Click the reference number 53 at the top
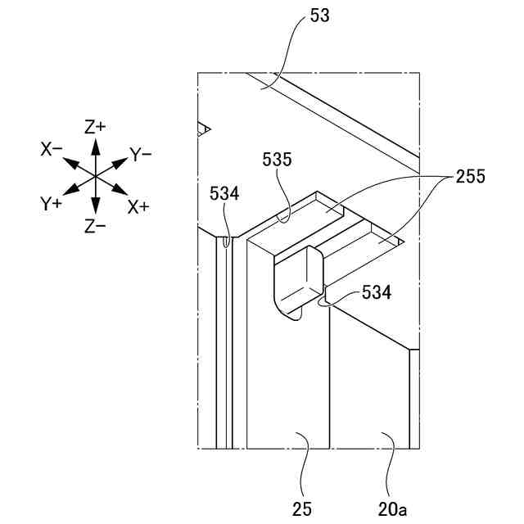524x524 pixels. [320, 16]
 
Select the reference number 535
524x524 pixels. [278, 160]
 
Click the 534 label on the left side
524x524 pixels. [224, 193]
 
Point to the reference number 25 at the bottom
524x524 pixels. [302, 508]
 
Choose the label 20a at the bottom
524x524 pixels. [392, 508]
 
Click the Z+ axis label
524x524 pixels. [96, 127]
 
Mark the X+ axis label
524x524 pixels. [138, 206]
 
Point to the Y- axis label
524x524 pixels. [140, 153]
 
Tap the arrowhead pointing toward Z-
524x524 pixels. [96, 210]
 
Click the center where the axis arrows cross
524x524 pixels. [96, 177]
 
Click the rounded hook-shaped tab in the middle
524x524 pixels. [299, 282]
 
